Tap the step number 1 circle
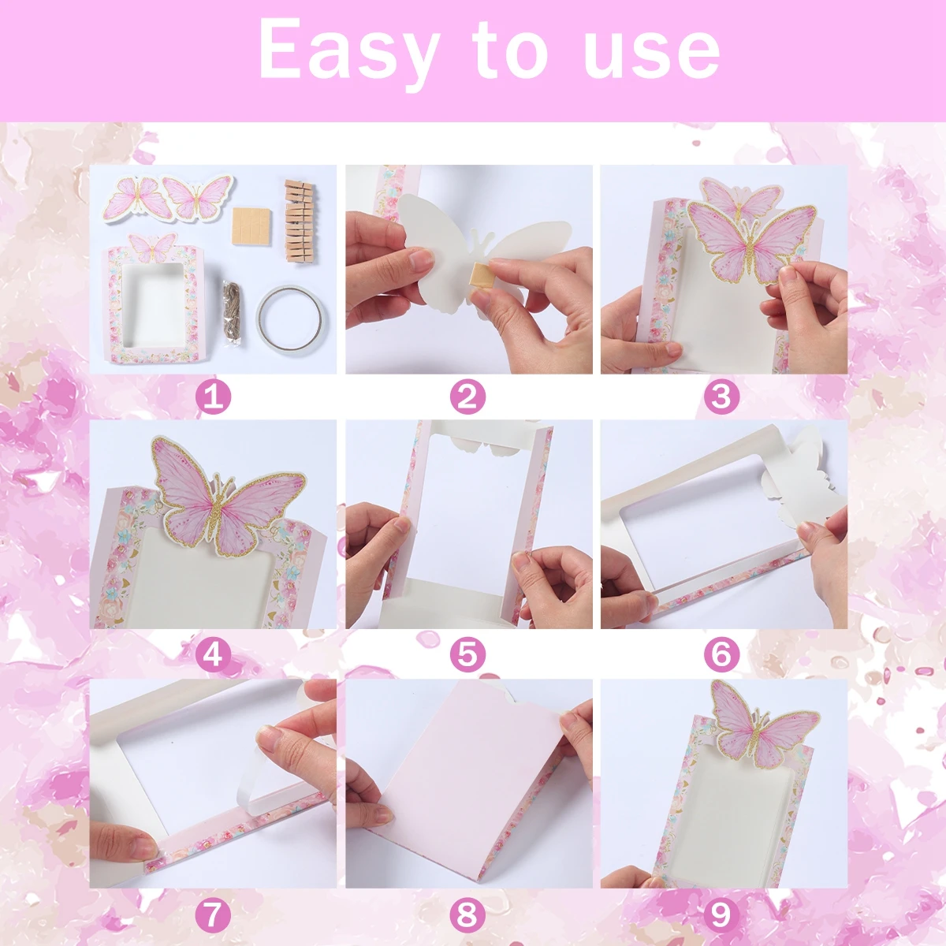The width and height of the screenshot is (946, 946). (x=213, y=397)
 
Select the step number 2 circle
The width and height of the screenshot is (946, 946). (x=467, y=397)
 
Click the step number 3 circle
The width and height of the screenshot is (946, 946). (x=721, y=397)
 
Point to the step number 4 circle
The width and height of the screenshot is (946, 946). (x=213, y=654)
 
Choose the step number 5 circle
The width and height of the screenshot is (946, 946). (x=467, y=654)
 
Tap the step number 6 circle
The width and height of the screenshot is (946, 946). (x=721, y=654)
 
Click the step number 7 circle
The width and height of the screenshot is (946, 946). (x=213, y=915)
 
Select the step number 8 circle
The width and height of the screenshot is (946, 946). (x=467, y=915)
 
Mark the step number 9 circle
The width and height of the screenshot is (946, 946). (x=721, y=915)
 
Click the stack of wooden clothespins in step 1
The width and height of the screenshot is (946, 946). (x=299, y=221)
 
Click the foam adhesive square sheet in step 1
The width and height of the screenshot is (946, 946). (x=253, y=225)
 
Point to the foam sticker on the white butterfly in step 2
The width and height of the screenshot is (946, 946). (x=479, y=275)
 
